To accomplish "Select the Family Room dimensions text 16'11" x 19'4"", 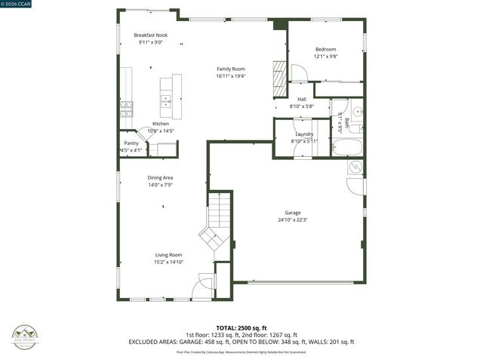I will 231,76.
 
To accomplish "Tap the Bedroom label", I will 325,49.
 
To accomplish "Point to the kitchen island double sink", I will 166,97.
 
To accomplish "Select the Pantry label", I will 131,143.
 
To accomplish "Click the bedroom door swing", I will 299,73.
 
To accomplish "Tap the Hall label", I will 302,99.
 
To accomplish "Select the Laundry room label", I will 304,133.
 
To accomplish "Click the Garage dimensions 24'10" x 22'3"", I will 293,220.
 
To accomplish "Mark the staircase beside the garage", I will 219,219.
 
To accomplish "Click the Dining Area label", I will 160,177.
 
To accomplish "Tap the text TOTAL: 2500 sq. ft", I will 241,328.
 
